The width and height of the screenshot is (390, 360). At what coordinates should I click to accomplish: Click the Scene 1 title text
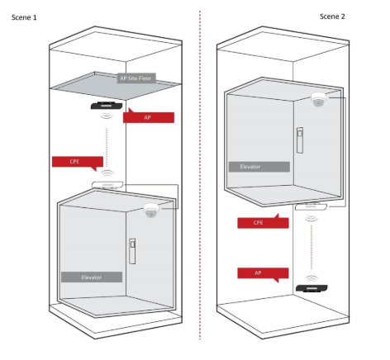pos(24,17)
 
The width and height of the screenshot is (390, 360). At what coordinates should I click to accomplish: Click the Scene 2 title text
pos(332,17)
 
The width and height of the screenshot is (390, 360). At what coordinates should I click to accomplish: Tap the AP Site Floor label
pos(136,78)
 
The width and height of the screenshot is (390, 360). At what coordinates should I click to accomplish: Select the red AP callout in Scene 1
pos(149,116)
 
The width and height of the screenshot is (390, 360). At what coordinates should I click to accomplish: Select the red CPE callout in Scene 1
pos(78,162)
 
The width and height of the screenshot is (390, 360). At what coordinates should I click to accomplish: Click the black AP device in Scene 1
pos(107,106)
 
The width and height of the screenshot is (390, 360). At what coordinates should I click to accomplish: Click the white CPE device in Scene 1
pos(107,185)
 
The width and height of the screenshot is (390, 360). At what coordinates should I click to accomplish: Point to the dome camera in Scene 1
pos(151,211)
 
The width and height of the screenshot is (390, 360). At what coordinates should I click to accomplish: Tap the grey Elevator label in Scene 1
pos(92,277)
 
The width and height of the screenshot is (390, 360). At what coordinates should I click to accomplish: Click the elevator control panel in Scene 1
pos(132,251)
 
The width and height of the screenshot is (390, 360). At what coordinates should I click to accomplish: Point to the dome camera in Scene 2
pos(319,99)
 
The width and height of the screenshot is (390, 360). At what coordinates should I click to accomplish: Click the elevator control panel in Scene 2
pos(300,140)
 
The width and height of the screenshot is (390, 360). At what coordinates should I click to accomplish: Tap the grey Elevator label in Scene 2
pos(259,167)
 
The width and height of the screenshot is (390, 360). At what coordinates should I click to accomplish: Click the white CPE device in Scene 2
pos(311,206)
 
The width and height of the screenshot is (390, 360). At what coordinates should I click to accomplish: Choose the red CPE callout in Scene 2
pos(263,222)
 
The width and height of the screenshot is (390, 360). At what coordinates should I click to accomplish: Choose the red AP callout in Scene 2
pos(263,273)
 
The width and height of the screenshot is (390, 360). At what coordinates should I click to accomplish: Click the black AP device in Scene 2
pos(312,288)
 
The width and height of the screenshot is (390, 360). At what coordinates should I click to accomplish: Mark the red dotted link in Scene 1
pos(107,148)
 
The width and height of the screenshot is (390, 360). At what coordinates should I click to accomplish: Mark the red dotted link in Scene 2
pos(312,247)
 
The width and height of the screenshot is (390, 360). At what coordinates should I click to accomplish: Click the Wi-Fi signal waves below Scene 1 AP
pos(107,115)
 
